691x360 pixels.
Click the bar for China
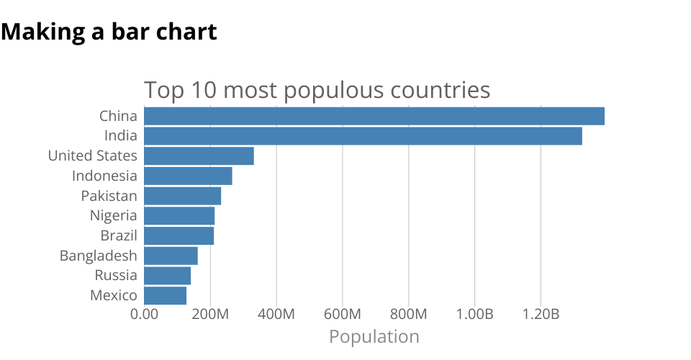tap(374, 116)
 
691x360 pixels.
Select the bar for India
tap(363, 135)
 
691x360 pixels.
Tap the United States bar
tap(199, 156)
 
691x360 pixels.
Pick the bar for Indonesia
tap(188, 176)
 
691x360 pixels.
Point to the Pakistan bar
tap(182, 196)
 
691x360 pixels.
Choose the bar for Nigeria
tap(179, 215)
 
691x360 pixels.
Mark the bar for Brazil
tap(179, 235)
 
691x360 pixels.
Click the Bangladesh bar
tap(171, 256)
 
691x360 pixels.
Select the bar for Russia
tap(167, 276)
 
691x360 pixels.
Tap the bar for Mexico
tap(165, 295)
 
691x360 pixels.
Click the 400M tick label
tap(276, 315)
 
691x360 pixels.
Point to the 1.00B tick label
tap(474, 315)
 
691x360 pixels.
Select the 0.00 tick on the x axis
tap(144, 315)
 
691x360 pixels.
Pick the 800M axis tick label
tap(409, 315)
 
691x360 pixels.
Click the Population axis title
tap(374, 336)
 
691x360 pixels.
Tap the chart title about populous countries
tap(317, 91)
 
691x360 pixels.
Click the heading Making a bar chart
tap(109, 32)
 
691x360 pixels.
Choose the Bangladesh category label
tap(98, 256)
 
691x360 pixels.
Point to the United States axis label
tap(92, 156)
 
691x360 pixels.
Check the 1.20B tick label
tap(541, 315)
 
